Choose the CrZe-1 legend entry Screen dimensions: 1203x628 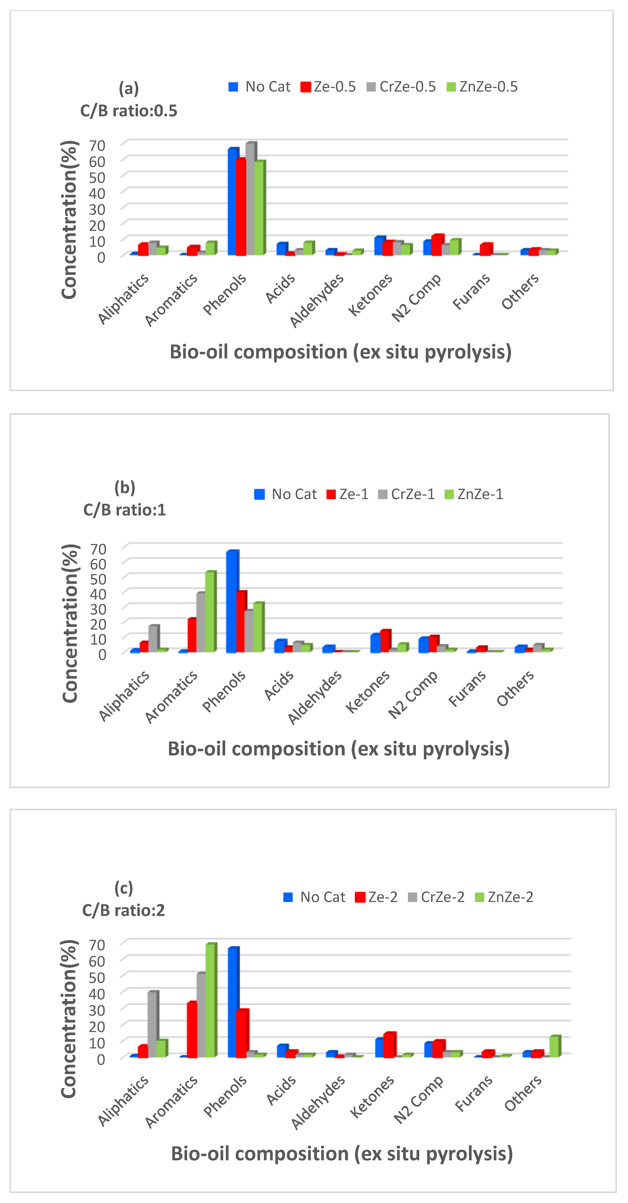coord(407,494)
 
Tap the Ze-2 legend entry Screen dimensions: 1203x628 coord(377,897)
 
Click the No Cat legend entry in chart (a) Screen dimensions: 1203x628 coord(260,87)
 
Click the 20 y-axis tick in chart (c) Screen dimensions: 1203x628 coord(98,1026)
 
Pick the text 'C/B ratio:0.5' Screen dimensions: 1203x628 coord(129,111)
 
